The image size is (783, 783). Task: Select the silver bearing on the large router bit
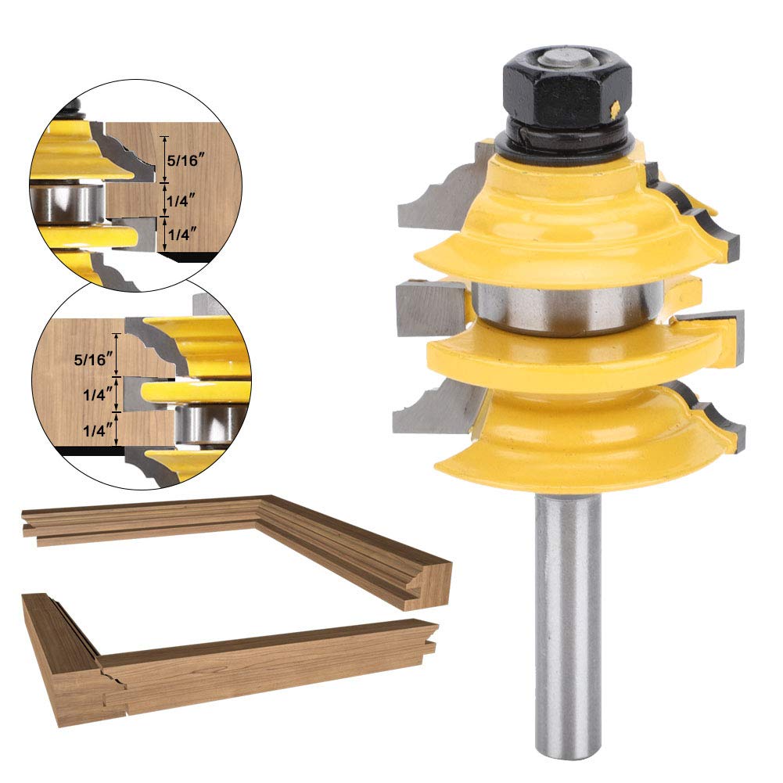(567, 306)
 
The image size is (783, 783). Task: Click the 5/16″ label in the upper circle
(185, 161)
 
